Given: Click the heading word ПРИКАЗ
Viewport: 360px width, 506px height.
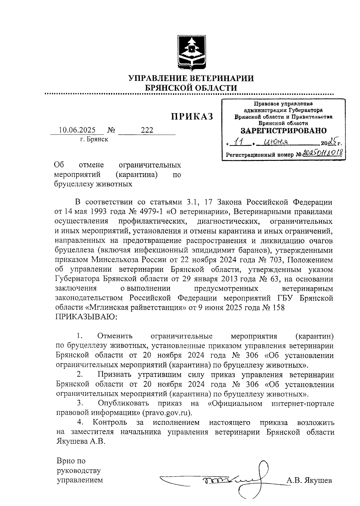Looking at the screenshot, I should (x=192, y=116).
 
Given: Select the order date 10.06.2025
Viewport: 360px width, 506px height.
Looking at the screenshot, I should (x=77, y=130).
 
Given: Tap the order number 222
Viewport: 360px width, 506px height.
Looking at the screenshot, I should (x=147, y=130).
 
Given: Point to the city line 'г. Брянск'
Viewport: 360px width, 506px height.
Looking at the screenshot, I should (x=94, y=139).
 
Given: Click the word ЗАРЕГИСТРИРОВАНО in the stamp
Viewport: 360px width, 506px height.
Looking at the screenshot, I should (x=283, y=131).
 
